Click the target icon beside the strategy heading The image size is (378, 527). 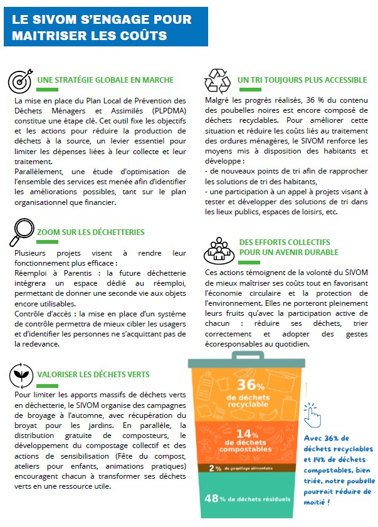[x=19, y=81]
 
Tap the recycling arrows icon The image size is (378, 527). [x=218, y=80]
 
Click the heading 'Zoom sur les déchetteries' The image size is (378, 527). [x=91, y=232]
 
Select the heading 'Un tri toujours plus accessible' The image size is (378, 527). [x=302, y=80]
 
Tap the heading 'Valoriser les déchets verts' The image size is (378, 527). [x=93, y=374]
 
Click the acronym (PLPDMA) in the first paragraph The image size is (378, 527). [x=161, y=112]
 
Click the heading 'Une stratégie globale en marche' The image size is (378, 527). [x=105, y=80]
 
